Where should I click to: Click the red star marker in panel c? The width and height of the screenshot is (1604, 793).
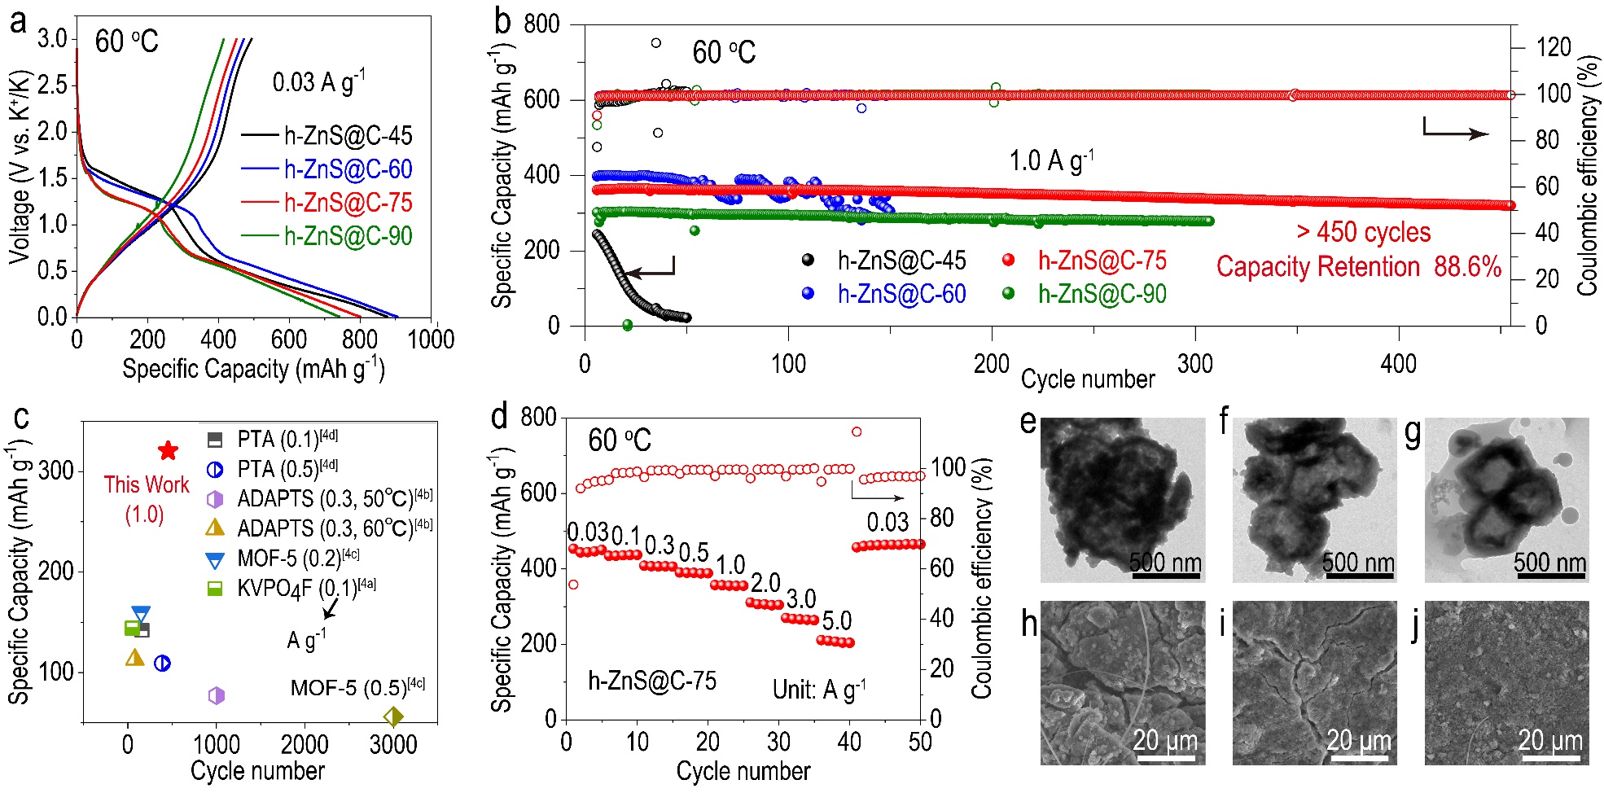pyautogui.click(x=168, y=450)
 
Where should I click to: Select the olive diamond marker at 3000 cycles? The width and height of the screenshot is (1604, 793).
pyautogui.click(x=393, y=716)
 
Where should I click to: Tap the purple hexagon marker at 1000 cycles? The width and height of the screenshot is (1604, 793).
pyautogui.click(x=216, y=695)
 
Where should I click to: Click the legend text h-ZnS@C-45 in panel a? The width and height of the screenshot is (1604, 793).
pyautogui.click(x=348, y=135)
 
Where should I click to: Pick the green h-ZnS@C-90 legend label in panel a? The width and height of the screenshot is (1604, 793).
pyautogui.click(x=348, y=236)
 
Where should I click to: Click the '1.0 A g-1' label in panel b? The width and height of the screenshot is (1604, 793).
pyautogui.click(x=1051, y=160)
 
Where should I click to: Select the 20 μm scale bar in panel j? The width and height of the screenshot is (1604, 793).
pyautogui.click(x=1550, y=756)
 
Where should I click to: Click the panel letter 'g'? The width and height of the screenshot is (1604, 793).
pyautogui.click(x=1413, y=434)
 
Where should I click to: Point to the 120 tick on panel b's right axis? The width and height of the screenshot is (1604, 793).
pyautogui.click(x=1554, y=47)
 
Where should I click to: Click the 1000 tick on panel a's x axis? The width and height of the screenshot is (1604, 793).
pyautogui.click(x=431, y=340)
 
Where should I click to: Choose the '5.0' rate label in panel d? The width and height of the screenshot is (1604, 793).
pyautogui.click(x=836, y=621)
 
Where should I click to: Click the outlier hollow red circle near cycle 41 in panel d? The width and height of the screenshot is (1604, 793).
pyautogui.click(x=857, y=432)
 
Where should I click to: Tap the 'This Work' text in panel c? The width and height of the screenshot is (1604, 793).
pyautogui.click(x=147, y=484)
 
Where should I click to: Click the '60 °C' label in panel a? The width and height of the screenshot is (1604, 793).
pyautogui.click(x=126, y=42)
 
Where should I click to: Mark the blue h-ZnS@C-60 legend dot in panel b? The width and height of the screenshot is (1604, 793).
pyautogui.click(x=808, y=293)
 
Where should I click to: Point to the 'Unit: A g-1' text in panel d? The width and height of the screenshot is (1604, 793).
pyautogui.click(x=818, y=690)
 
